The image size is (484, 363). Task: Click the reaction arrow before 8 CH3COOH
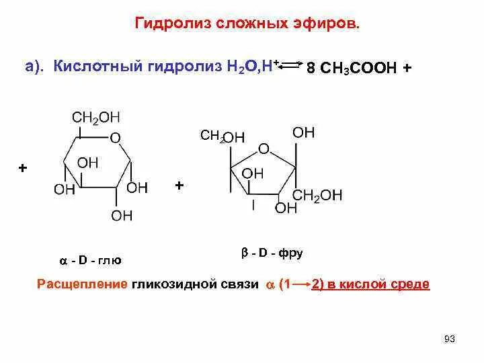(291, 65)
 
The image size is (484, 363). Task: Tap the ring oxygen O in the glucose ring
(115, 138)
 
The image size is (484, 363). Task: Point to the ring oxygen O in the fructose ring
(264, 149)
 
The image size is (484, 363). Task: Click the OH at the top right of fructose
(303, 132)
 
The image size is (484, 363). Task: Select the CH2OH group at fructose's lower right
(318, 195)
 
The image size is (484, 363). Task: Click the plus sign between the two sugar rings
(179, 185)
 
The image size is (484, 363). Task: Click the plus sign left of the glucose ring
(23, 168)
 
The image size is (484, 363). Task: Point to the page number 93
(450, 338)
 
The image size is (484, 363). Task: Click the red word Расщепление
(81, 284)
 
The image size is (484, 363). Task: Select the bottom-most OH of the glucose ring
(122, 215)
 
